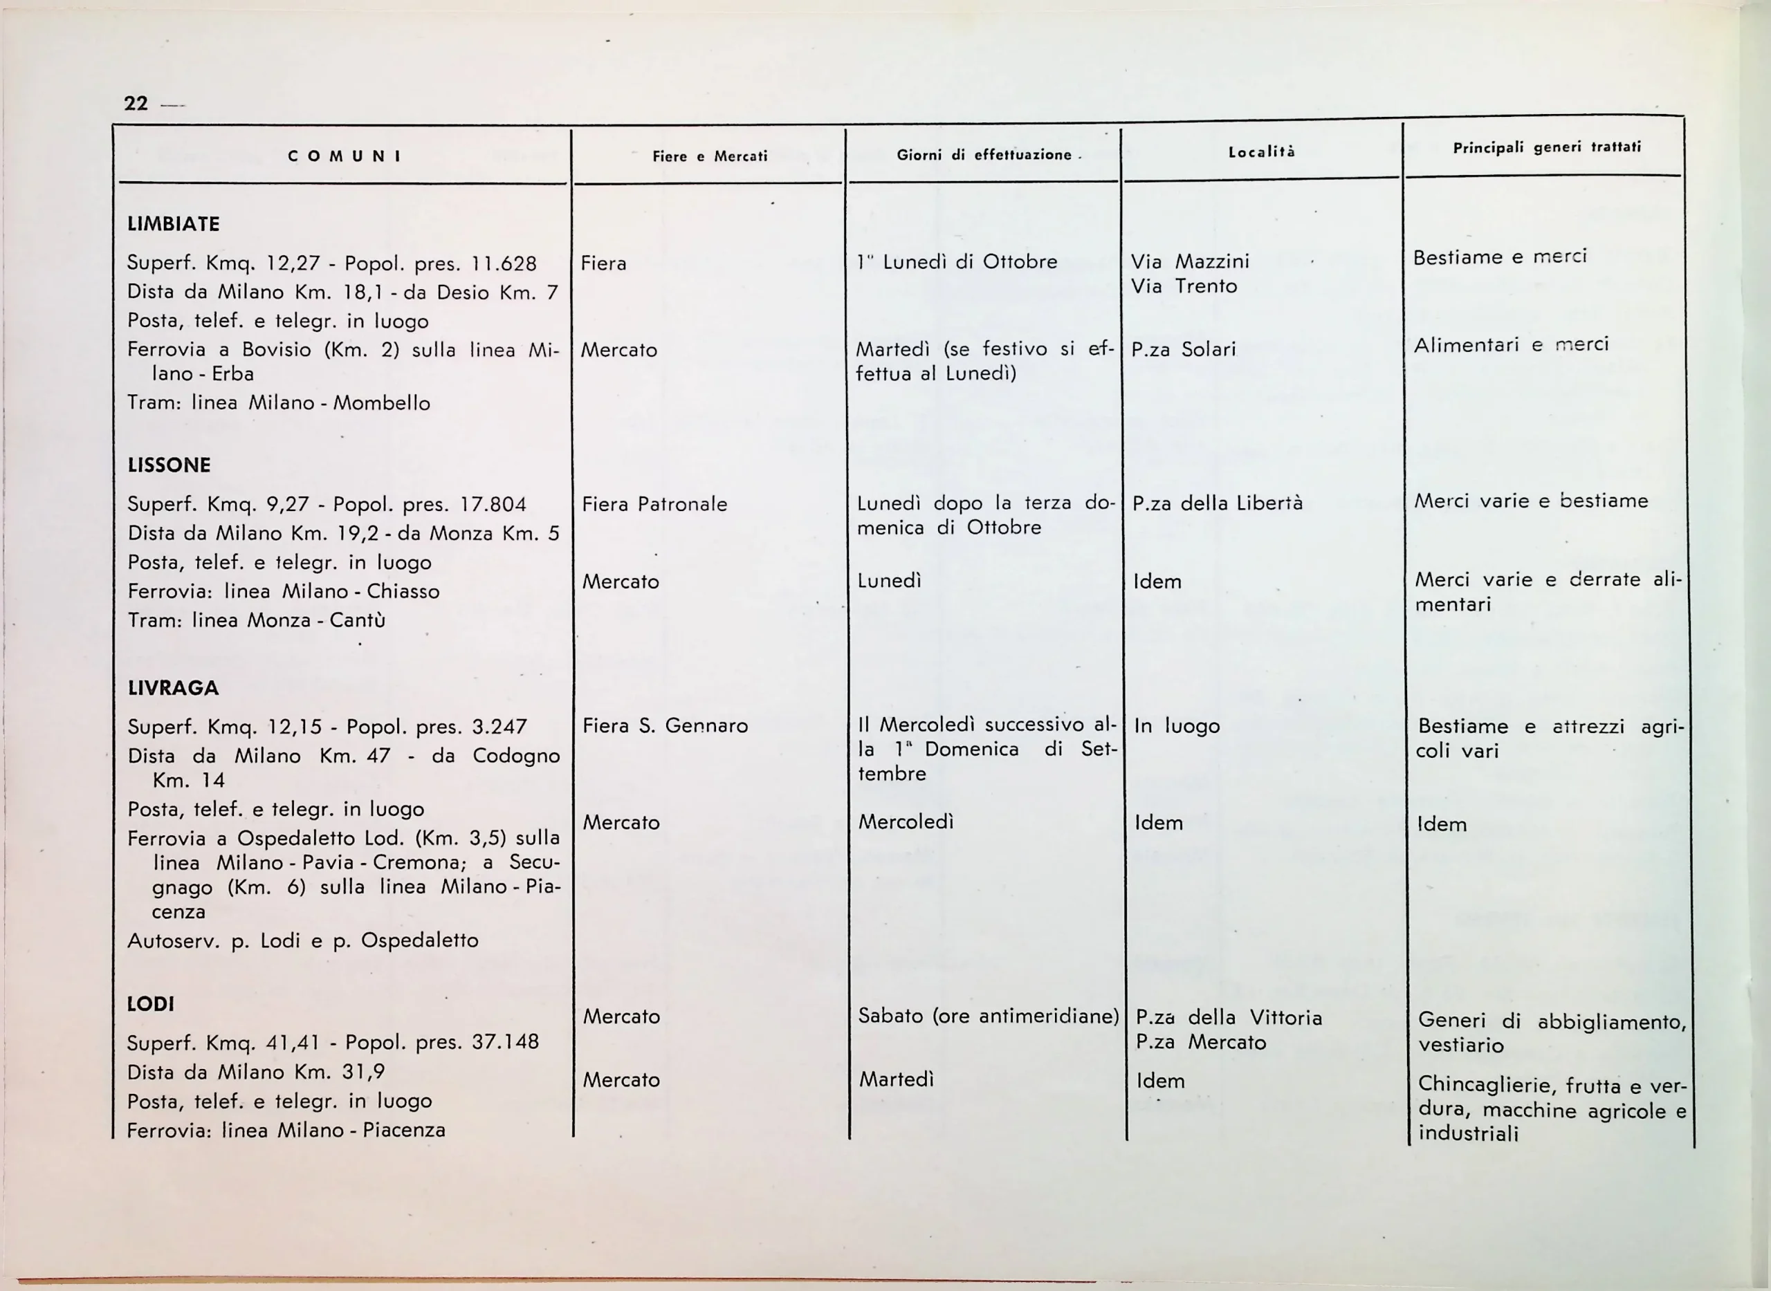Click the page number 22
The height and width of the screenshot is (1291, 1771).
(136, 104)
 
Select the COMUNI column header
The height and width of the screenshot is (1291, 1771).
(344, 156)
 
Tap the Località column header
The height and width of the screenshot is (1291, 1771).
(1261, 152)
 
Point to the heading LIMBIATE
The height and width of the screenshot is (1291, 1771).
(174, 224)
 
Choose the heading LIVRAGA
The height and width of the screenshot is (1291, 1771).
(173, 689)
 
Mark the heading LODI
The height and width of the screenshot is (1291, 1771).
(150, 1004)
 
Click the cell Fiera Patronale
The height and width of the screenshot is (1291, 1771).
(654, 505)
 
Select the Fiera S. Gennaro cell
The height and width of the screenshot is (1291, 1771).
(665, 726)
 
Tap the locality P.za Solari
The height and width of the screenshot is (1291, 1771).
(1183, 349)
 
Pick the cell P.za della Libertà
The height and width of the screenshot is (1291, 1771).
(1218, 503)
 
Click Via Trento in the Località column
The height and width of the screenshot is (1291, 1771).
(1184, 287)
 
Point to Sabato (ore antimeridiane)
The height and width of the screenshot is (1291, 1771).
(989, 1016)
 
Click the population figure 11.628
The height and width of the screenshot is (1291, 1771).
(503, 264)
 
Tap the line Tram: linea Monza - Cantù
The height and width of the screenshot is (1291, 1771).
(257, 620)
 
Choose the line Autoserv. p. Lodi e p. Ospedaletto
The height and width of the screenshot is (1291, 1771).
(302, 940)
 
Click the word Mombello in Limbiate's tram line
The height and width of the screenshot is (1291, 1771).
(382, 403)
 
